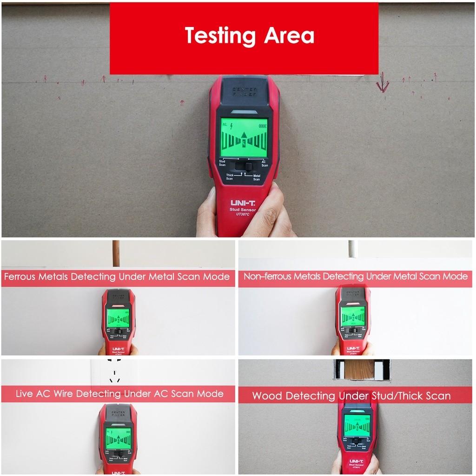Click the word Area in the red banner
point(288,36)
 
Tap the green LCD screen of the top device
point(244,138)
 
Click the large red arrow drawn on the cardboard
point(383,82)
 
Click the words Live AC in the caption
point(33,394)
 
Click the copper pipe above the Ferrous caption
point(116,253)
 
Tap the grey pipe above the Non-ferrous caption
point(353,249)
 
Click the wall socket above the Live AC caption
point(114,372)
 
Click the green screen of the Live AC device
point(118,437)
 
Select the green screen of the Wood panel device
point(357,425)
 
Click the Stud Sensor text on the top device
point(243,210)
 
